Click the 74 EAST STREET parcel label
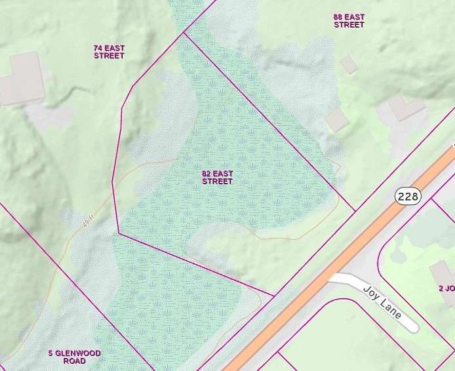[109, 52]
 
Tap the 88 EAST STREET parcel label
[349, 20]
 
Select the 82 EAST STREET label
[217, 177]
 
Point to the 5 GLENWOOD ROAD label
[75, 357]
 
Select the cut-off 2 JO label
[446, 288]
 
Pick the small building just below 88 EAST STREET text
[349, 64]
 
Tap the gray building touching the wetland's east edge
[338, 119]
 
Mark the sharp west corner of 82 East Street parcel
[118, 233]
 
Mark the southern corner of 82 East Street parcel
[273, 296]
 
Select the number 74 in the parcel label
[98, 48]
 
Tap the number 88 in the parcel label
[338, 16]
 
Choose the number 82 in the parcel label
[207, 173]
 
